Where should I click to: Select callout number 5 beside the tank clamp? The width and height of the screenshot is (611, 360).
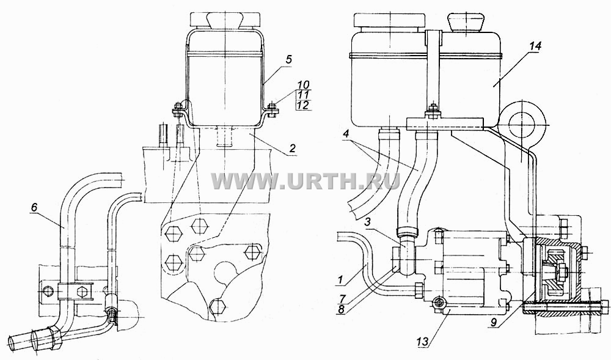coord(288,59)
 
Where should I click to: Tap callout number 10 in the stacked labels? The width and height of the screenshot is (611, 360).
coord(303,84)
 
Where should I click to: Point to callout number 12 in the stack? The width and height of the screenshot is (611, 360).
coord(303,105)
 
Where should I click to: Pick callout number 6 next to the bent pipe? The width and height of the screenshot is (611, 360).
coord(34,208)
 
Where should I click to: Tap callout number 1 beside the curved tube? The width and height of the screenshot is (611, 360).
coord(340,279)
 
